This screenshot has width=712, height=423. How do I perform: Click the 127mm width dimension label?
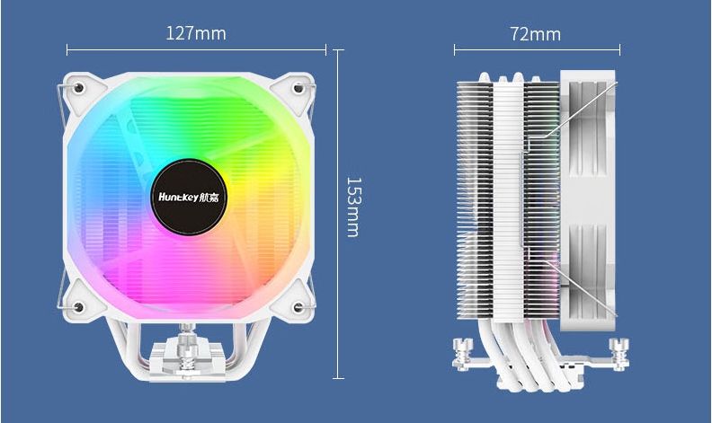pyautogui.click(x=196, y=33)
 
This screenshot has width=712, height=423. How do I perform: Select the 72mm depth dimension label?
pyautogui.click(x=535, y=34)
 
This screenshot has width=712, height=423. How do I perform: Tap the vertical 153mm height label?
pyautogui.click(x=353, y=207)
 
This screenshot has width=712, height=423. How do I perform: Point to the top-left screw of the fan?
pyautogui.click(x=78, y=87)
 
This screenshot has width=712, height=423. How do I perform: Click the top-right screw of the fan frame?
pyautogui.click(x=298, y=88)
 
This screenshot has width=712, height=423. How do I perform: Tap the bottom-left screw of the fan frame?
pyautogui.click(x=78, y=307)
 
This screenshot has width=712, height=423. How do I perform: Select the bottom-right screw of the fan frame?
pyautogui.click(x=298, y=308)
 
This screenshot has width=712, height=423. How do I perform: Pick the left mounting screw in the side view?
pyautogui.click(x=463, y=352)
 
